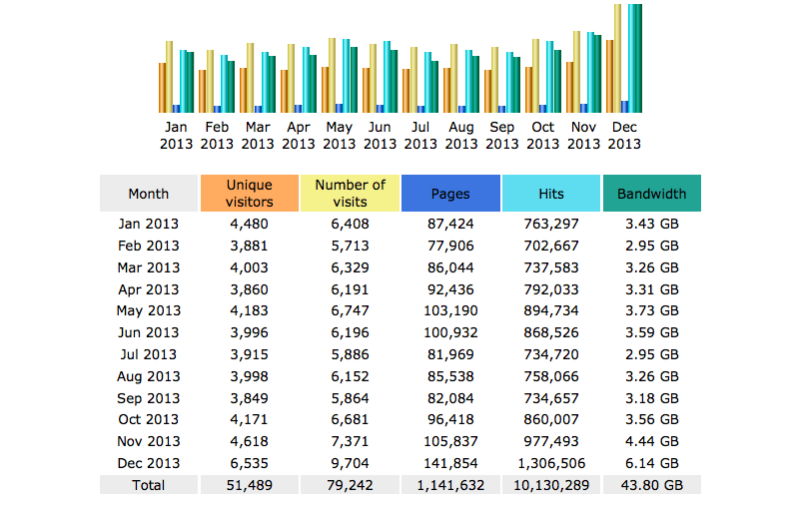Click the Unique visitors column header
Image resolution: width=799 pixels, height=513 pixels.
pyautogui.click(x=250, y=194)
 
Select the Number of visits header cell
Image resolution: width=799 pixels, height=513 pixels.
pyautogui.click(x=351, y=194)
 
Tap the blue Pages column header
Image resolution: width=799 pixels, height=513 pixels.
pyautogui.click(x=450, y=194)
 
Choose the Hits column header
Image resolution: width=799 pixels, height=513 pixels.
pyautogui.click(x=551, y=194)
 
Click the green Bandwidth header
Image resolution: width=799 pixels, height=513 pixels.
pyautogui.click(x=651, y=194)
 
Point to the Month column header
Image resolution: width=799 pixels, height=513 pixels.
pyautogui.click(x=149, y=194)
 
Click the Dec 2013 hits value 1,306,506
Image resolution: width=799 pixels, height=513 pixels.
pyautogui.click(x=551, y=463)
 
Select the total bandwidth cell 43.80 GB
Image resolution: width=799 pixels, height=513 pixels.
pyautogui.click(x=651, y=485)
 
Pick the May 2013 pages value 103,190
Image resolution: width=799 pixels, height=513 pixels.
pyautogui.click(x=450, y=310)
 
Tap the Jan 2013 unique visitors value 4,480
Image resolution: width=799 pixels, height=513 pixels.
pyautogui.click(x=250, y=224)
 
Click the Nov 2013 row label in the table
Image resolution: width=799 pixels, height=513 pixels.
pyautogui.click(x=149, y=441)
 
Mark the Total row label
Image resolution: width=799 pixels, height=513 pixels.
pyautogui.click(x=149, y=485)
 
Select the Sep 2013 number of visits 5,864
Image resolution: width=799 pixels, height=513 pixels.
pyautogui.click(x=351, y=397)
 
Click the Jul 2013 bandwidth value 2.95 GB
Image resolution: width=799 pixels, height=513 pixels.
pyautogui.click(x=651, y=354)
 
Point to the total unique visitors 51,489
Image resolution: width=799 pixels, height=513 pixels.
pyautogui.click(x=250, y=485)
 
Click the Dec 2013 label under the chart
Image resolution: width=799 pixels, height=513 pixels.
pyautogui.click(x=624, y=135)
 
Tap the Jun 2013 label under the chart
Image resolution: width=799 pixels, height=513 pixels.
pyautogui.click(x=380, y=135)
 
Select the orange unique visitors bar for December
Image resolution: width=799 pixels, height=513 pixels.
pyautogui.click(x=609, y=76)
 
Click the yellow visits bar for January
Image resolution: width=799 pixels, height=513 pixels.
pyautogui.click(x=170, y=77)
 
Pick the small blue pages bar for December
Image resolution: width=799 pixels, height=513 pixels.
pyautogui.click(x=625, y=106)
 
